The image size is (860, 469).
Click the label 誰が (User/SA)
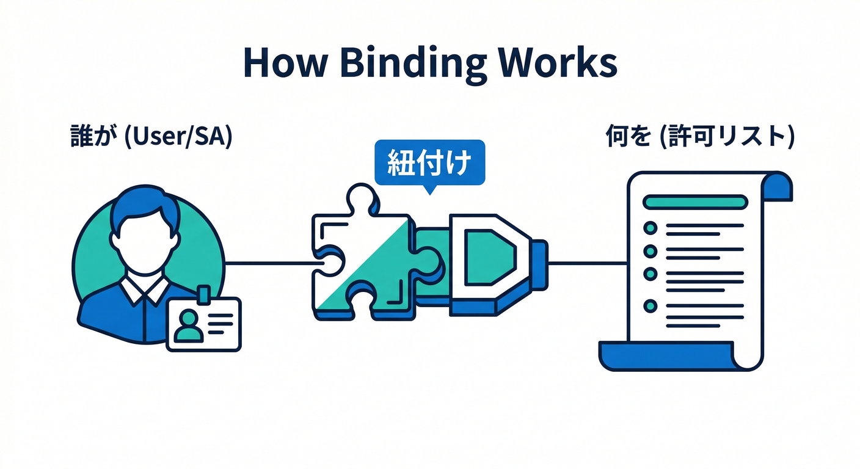(151, 137)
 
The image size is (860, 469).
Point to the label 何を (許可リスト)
(699, 137)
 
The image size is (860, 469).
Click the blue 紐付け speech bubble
(429, 164)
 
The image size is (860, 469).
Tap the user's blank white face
(145, 245)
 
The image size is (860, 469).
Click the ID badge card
(204, 324)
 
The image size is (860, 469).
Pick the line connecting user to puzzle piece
(269, 264)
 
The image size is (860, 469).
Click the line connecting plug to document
(588, 264)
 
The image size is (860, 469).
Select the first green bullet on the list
(650, 228)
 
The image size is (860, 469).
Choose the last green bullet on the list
(650, 305)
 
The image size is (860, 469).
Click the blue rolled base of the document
(666, 356)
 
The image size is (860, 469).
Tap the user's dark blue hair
(145, 205)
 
